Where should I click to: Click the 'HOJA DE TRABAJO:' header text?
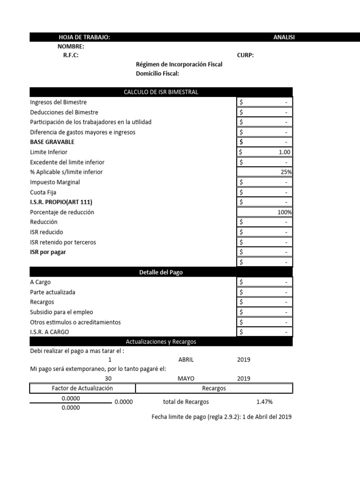coord(84,37)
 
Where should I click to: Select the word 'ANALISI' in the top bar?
coord(284,37)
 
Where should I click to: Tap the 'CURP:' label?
coord(246,55)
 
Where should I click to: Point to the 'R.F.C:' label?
coord(71,55)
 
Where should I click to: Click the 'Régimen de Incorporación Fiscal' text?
coord(179,64)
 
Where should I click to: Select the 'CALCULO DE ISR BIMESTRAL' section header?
coord(161,92)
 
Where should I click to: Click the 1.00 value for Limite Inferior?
coord(284,152)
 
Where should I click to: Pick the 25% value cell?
coord(286,172)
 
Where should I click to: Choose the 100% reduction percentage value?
coord(285,212)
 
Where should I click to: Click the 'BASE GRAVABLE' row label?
coord(52,142)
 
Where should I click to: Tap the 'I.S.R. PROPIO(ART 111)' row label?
coord(61,202)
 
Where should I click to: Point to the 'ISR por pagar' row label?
coord(48,252)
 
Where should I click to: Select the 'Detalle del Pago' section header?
coord(161,272)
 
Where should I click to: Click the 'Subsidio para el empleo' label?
coord(61,312)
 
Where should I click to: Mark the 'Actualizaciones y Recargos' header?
coord(161,342)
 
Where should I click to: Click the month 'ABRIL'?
coord(186,360)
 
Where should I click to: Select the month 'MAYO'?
coord(186,379)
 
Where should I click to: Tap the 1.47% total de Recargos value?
coord(264,402)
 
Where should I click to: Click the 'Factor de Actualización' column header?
coord(82,388)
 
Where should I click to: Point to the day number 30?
coord(108,379)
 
